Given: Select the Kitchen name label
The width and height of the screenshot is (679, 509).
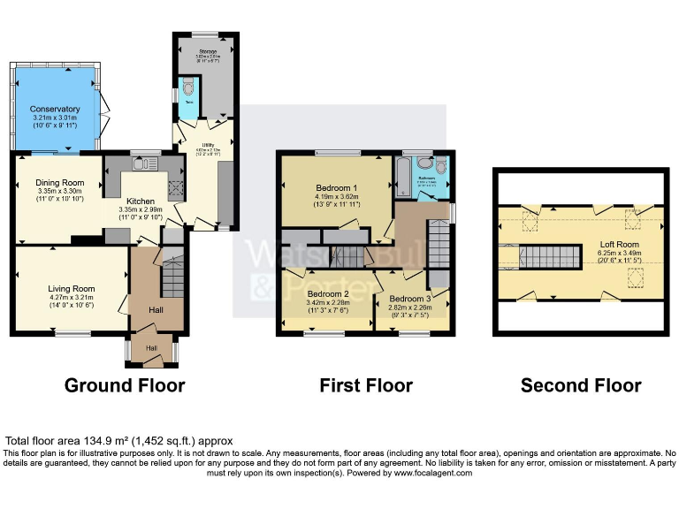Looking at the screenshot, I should point(141,201).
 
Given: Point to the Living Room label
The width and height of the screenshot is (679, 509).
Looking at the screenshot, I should point(72,288).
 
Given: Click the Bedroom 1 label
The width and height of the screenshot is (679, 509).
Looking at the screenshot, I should point(337,188).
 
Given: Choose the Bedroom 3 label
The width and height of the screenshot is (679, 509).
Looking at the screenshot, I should point(411,299).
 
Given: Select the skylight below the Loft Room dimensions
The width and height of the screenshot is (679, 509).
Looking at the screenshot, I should point(633,280).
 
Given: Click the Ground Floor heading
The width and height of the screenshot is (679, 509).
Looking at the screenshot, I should point(124,385).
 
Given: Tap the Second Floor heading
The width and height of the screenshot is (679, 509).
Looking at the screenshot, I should point(581,385).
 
